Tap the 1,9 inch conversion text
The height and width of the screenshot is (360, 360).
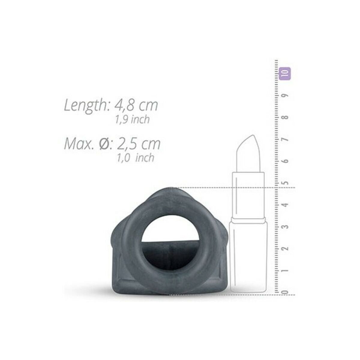tap(132, 120)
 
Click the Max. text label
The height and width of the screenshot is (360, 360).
tap(79, 144)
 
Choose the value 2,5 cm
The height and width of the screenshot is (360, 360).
tap(138, 144)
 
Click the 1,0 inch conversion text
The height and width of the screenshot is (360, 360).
tap(135, 158)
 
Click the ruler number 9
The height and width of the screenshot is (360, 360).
tap(286, 95)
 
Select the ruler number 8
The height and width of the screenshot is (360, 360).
tap(286, 118)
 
